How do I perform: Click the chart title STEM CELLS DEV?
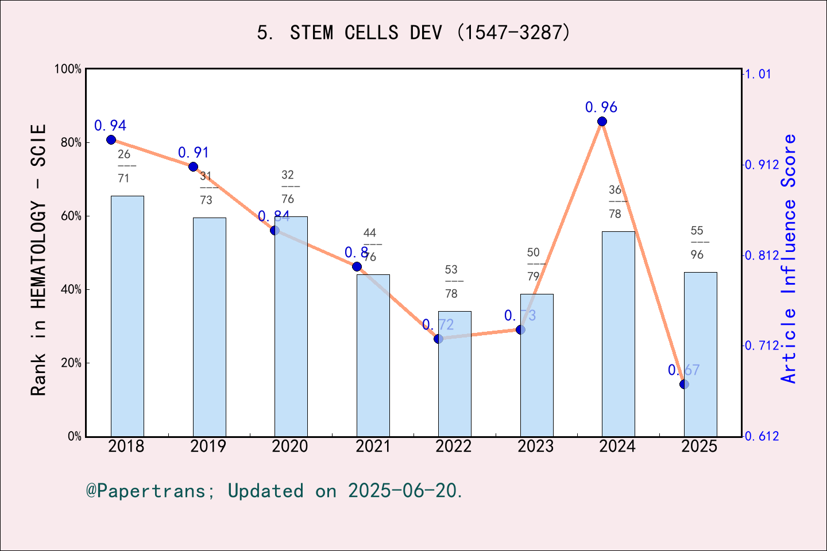[413, 33]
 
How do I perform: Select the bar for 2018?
[127, 316]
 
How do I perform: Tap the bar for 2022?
[454, 373]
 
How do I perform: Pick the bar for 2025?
[700, 354]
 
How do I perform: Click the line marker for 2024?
[602, 121]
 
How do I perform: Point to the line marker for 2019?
[193, 166]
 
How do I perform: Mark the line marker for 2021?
[357, 266]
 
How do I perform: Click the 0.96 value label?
[601, 107]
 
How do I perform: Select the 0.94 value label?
[110, 126]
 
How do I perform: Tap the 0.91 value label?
[193, 153]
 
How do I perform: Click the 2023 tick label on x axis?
[535, 447]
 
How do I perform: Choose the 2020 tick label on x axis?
[290, 447]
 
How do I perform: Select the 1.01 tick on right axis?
[758, 74]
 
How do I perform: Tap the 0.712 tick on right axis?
[762, 346]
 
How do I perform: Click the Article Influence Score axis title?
[789, 258]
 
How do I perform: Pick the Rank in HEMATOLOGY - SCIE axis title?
[38, 259]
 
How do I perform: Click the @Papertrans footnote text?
[275, 491]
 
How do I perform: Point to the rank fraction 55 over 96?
[697, 242]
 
